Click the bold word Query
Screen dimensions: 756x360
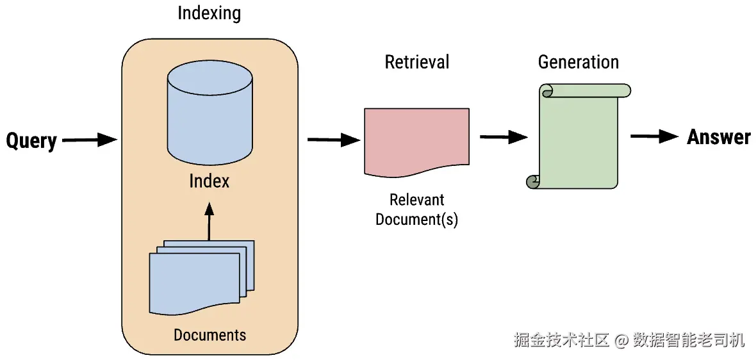tap(31, 141)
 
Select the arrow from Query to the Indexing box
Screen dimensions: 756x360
tap(90, 140)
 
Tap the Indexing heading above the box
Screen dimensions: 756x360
tap(210, 13)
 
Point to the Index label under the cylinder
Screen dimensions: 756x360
tap(210, 181)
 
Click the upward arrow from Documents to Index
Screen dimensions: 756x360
tap(209, 221)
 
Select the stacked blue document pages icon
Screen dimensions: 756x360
tap(202, 277)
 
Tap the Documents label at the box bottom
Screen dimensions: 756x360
tap(210, 334)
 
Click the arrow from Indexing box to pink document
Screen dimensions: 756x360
tap(334, 140)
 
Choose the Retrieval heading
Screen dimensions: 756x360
tap(417, 62)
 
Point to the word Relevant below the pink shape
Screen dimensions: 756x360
tap(416, 199)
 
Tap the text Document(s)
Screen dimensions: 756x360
tap(416, 219)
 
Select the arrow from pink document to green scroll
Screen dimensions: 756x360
tap(504, 137)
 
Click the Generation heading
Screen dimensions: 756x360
tap(578, 62)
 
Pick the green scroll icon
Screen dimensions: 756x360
tap(578, 136)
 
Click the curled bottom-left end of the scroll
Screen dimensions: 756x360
tap(532, 182)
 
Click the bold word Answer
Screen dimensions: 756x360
tap(719, 137)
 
